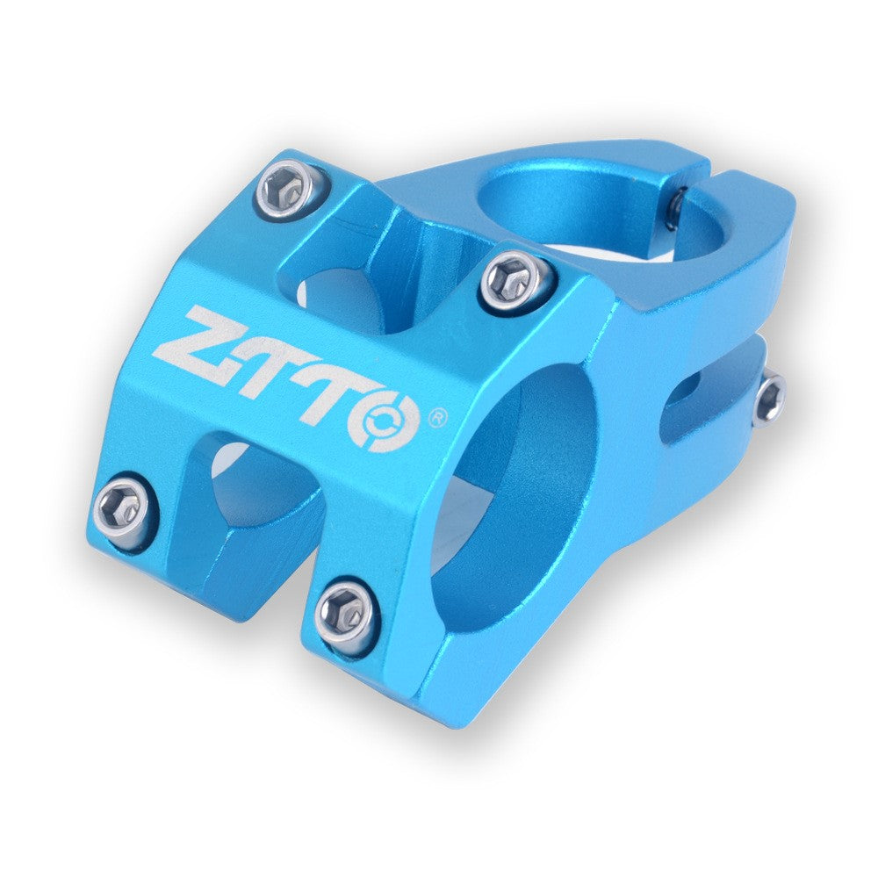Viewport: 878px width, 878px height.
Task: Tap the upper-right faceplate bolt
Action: tap(517, 280)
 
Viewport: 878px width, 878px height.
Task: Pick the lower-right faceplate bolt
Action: tap(346, 610)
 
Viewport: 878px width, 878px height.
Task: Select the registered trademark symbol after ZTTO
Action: tap(435, 416)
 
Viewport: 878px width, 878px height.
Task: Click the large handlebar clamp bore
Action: tap(518, 492)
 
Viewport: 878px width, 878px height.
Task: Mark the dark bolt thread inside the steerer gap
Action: tap(674, 208)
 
